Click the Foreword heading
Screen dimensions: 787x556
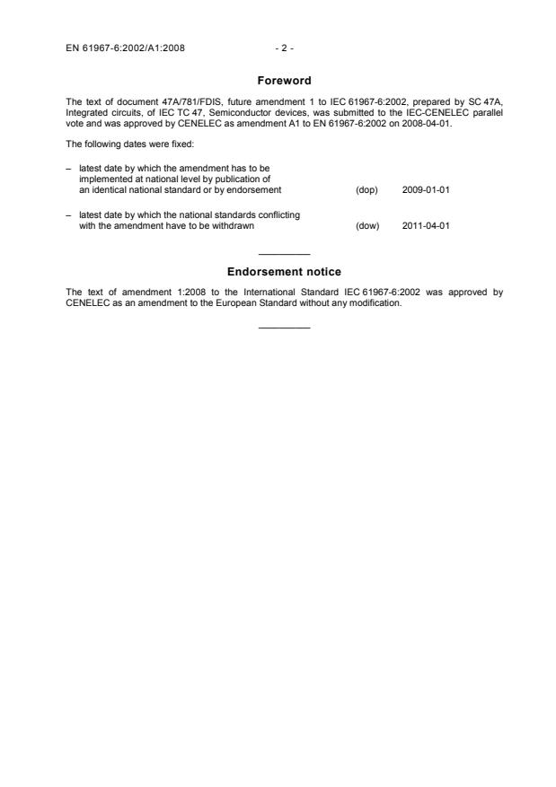click(284, 81)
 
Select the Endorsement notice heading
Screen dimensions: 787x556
click(284, 272)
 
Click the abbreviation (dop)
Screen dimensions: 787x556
click(367, 190)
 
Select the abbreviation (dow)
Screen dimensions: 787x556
click(367, 225)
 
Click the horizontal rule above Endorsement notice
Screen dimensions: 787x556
click(284, 254)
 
